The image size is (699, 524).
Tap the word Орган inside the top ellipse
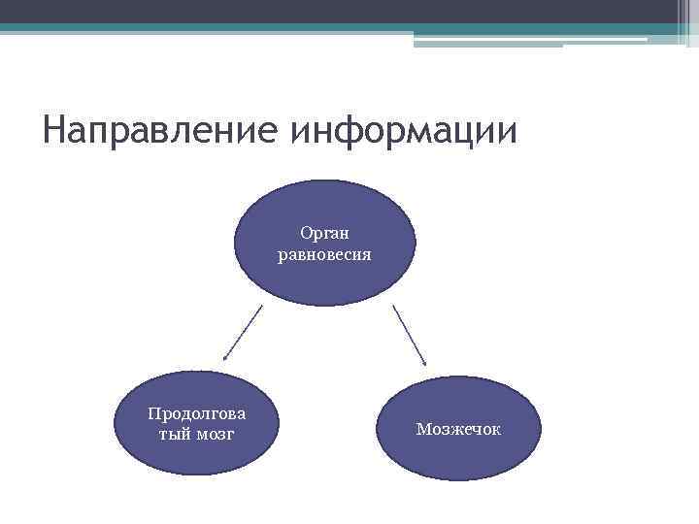[x=324, y=233]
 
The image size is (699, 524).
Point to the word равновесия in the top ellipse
[x=324, y=255]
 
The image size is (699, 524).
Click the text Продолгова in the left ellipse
[x=196, y=413]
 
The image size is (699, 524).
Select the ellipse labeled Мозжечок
[x=458, y=427]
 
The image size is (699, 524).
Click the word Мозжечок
[x=458, y=428]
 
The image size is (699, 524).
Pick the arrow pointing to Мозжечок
[x=410, y=335]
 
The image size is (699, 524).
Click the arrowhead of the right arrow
[x=424, y=362]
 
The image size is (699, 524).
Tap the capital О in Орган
[x=306, y=233]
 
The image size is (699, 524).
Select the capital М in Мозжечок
[x=422, y=428]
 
